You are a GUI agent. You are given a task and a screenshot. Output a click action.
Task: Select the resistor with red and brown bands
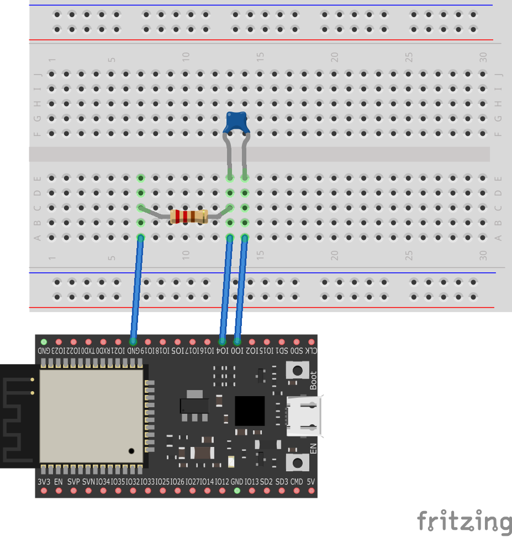(x=188, y=216)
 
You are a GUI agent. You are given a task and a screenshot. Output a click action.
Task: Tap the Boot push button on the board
(x=297, y=370)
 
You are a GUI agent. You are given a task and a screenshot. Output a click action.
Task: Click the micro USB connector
(x=303, y=415)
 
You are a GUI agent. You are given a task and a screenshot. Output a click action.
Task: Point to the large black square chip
(x=250, y=410)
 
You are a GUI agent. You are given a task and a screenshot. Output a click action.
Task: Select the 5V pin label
(x=311, y=481)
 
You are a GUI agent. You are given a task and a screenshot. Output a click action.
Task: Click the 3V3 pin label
(x=44, y=481)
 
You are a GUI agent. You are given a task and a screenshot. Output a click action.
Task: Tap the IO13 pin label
(x=252, y=481)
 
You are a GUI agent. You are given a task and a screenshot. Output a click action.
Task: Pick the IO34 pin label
(x=103, y=481)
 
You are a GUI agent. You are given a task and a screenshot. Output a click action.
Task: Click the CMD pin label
(x=297, y=481)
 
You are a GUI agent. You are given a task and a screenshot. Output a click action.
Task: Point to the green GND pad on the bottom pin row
(x=237, y=491)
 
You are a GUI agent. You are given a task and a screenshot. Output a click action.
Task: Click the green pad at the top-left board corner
(x=44, y=342)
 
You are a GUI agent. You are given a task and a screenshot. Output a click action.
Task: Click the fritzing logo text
(x=464, y=521)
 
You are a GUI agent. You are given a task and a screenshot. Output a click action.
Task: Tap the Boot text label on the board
(x=313, y=381)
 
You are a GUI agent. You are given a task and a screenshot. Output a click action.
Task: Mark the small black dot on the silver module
(x=131, y=451)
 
